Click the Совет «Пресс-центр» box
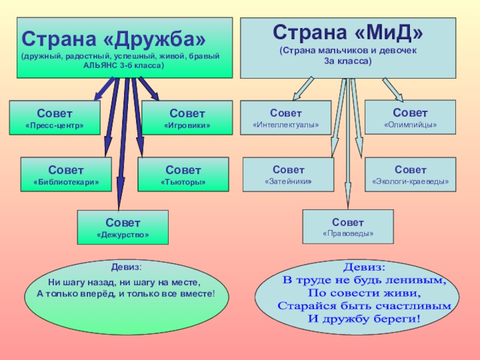(x=55, y=118)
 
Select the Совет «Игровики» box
(x=187, y=118)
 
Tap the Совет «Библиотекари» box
(x=66, y=175)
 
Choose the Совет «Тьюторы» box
(x=183, y=175)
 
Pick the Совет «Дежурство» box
(x=122, y=227)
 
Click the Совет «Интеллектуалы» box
(x=286, y=118)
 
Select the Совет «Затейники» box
(x=288, y=175)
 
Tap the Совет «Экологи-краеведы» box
(x=410, y=175)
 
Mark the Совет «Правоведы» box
(x=348, y=226)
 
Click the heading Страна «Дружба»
(x=113, y=39)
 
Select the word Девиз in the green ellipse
(x=125, y=267)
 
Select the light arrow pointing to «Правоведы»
(x=348, y=150)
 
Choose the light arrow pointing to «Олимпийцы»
(x=394, y=89)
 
